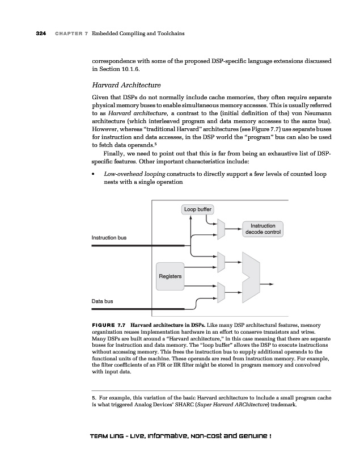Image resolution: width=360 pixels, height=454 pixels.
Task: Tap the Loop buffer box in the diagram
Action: point(198,209)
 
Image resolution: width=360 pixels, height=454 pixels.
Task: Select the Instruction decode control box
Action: point(262,229)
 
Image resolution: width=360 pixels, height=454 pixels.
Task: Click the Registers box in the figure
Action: point(170,276)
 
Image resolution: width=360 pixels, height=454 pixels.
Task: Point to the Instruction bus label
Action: point(109,237)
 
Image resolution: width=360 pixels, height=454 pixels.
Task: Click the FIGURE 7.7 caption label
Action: point(108,326)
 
